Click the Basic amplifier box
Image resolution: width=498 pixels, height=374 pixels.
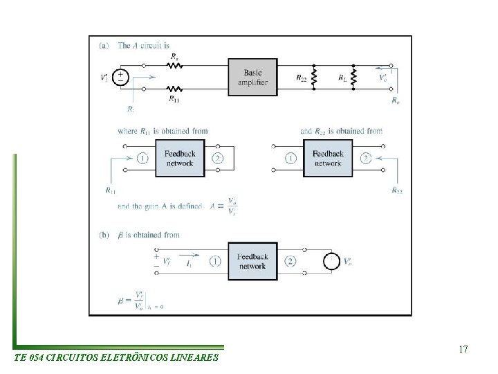click(255, 77)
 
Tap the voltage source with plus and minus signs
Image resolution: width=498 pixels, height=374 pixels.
click(121, 77)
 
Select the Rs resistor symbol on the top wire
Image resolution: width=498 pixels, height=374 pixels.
click(174, 66)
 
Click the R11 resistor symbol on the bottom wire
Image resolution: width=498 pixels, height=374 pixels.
click(174, 89)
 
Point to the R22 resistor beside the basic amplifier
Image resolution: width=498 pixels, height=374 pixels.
click(315, 78)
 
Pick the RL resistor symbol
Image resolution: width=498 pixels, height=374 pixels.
click(353, 78)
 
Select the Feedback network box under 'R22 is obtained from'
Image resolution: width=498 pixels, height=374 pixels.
click(327, 158)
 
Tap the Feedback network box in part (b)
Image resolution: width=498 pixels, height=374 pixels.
click(252, 261)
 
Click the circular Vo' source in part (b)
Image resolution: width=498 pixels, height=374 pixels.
click(332, 261)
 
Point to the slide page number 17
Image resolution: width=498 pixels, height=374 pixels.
click(463, 349)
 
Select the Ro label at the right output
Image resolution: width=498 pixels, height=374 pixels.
click(395, 100)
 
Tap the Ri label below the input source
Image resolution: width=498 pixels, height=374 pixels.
click(131, 108)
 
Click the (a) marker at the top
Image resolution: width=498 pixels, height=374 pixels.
click(104, 46)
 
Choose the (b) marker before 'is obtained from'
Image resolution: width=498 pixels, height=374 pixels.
click(104, 235)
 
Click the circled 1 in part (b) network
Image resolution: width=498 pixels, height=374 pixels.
click(214, 261)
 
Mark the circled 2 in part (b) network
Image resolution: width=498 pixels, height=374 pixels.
click(290, 261)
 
